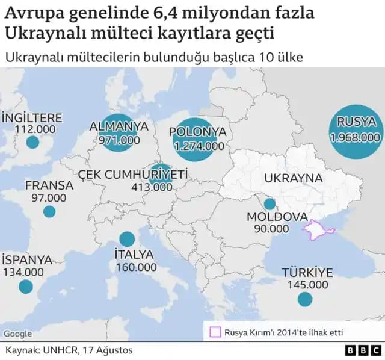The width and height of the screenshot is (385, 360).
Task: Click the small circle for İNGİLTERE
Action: [x=33, y=143]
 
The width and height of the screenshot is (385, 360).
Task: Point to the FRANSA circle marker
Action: [x=49, y=211]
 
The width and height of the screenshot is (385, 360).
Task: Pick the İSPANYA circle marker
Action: [x=25, y=287]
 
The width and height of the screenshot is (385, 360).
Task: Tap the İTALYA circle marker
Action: [x=127, y=239]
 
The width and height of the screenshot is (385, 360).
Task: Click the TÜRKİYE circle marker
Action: [x=305, y=299]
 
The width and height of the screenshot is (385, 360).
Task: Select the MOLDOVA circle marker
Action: [x=269, y=204]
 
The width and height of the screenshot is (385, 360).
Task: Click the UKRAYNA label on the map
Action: [x=293, y=179]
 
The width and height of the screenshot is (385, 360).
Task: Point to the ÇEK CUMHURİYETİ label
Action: [x=133, y=174]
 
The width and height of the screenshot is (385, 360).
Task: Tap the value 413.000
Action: [x=152, y=187]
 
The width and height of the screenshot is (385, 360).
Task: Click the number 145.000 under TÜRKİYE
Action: [x=305, y=285]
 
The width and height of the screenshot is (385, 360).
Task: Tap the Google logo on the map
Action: [x=17, y=334]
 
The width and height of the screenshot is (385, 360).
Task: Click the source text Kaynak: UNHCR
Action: [x=69, y=350]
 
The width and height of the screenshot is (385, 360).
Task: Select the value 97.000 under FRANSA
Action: [x=49, y=197]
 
